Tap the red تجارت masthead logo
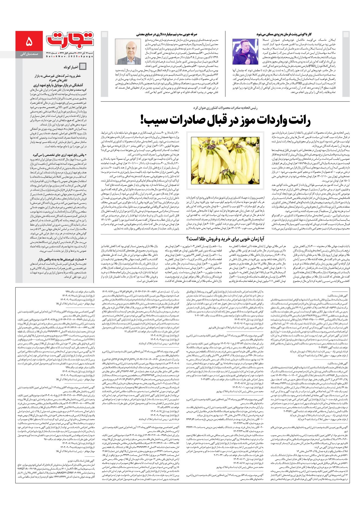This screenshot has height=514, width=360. tap(70, 40)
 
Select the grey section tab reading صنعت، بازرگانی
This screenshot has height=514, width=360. tap(29, 54)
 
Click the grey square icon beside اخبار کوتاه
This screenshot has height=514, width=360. tap(83, 67)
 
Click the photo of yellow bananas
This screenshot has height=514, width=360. tap(225, 160)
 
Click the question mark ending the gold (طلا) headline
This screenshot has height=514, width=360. tap(188, 239)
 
